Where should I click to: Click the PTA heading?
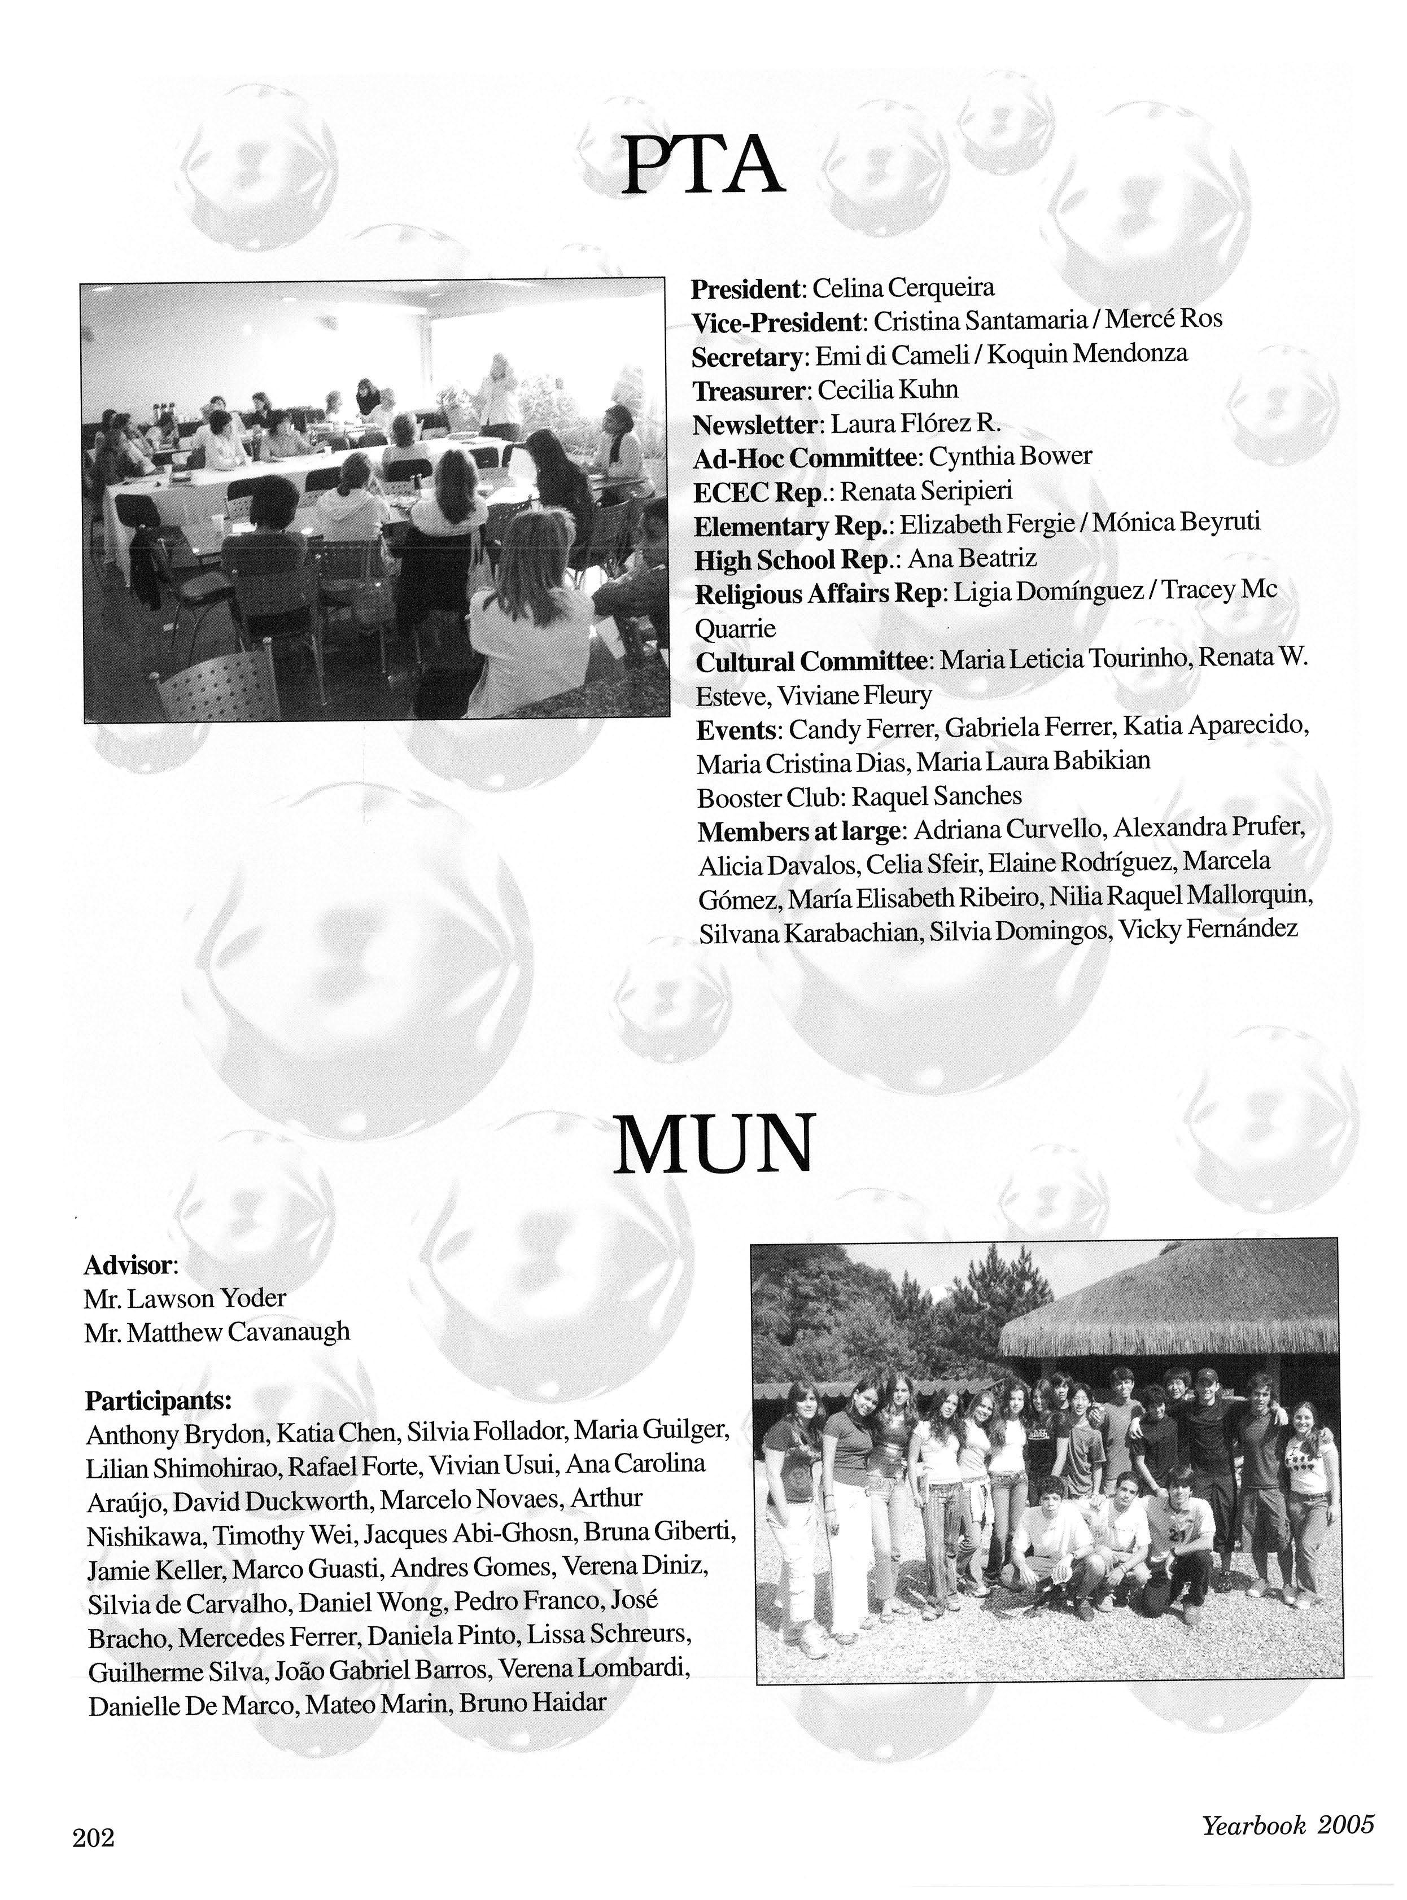[702, 165]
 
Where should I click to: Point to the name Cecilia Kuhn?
[888, 390]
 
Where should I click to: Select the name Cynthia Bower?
[1010, 457]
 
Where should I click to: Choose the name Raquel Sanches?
[936, 796]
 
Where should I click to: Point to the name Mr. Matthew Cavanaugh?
[217, 1332]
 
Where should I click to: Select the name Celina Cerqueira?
[903, 288]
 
